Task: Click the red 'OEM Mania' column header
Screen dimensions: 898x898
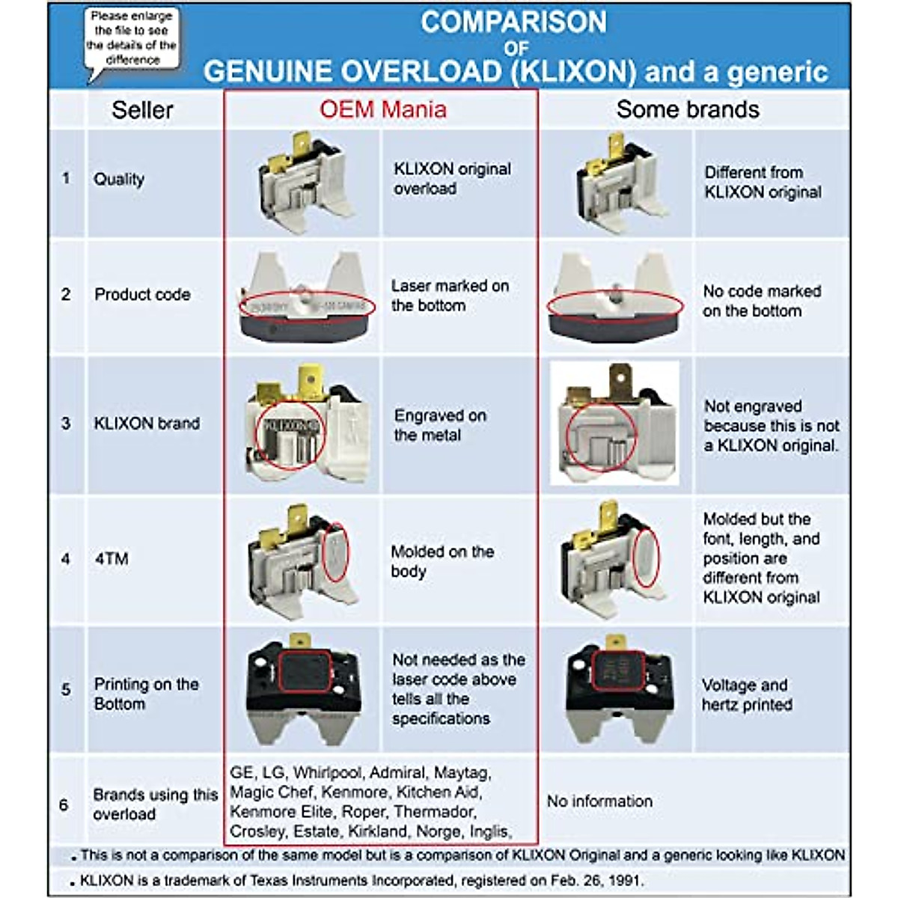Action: [x=382, y=109]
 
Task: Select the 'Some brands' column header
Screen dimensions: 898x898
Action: [x=687, y=109]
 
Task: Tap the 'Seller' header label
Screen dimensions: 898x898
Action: [x=142, y=110]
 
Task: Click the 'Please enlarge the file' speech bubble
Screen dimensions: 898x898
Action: [x=132, y=38]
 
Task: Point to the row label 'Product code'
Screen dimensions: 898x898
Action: [x=141, y=294]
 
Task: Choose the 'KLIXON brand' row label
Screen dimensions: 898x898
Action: [x=146, y=424]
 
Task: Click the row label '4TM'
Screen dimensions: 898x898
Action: [x=112, y=559]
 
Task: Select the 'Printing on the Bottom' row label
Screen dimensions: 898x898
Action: [x=146, y=694]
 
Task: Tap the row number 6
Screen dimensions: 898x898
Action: [x=64, y=805]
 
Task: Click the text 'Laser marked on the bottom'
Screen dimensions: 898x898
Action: [x=450, y=296]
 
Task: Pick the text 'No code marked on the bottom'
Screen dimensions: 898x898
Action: [x=761, y=301]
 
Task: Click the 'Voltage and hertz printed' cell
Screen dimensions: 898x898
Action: [x=746, y=695]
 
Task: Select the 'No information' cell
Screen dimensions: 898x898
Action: [x=599, y=801]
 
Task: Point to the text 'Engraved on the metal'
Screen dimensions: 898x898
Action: [x=440, y=425]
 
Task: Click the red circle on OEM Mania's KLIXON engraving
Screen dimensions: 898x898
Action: [x=290, y=435]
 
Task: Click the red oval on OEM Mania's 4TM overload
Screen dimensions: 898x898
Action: [x=338, y=553]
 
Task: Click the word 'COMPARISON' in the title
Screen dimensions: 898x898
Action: [x=513, y=22]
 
